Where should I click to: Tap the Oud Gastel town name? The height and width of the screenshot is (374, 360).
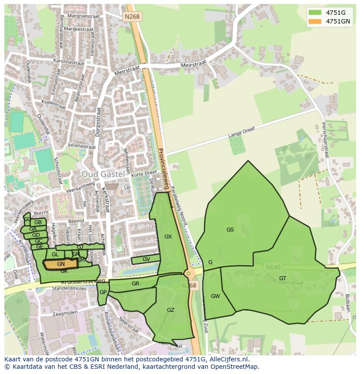(103, 174)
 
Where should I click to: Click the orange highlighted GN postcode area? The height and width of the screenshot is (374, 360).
(61, 264)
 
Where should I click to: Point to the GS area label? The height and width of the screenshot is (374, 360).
(230, 230)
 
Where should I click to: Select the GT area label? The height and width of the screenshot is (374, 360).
(283, 278)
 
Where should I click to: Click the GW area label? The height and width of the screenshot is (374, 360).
(215, 296)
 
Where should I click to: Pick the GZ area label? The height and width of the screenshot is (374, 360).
(170, 310)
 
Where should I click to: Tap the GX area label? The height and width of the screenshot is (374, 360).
(168, 237)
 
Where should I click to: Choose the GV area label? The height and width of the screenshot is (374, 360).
(146, 259)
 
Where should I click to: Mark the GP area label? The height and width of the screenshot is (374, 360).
(103, 292)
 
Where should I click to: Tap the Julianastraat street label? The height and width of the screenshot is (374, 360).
(81, 147)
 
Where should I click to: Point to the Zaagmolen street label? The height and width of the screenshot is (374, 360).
(64, 313)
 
